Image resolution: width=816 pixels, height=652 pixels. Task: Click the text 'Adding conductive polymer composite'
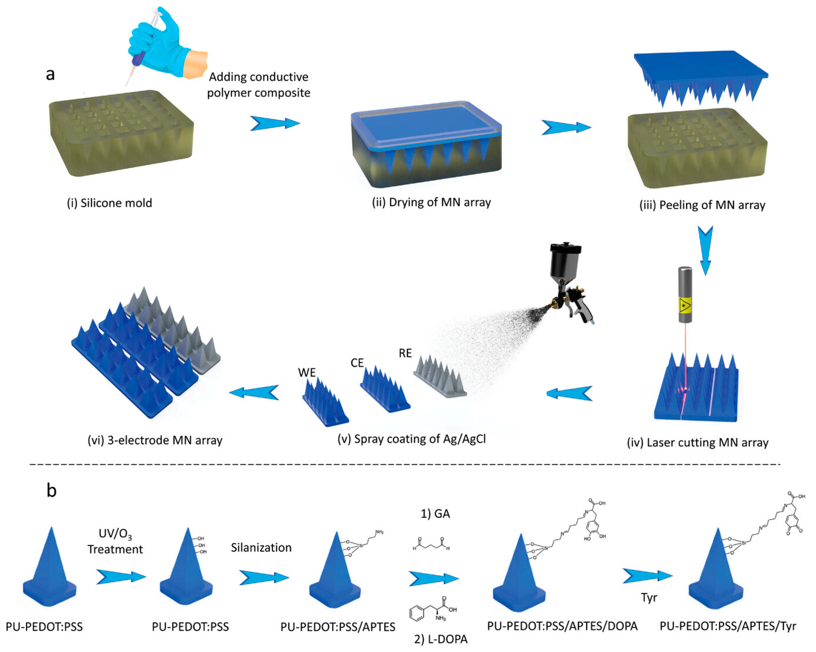coord(259,85)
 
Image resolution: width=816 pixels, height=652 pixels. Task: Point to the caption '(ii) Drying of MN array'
coord(431,202)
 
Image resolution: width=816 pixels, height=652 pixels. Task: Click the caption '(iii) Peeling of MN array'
coord(702,205)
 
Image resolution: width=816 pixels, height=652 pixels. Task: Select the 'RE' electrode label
coord(405,353)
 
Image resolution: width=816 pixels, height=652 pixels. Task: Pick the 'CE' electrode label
coord(357,363)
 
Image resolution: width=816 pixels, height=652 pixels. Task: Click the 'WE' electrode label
coord(307,373)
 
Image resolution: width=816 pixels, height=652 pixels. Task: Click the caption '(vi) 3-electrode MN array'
coord(155,440)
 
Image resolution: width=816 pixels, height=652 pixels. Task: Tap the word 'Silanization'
coord(261,547)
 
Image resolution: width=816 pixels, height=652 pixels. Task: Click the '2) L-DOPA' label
coord(441,639)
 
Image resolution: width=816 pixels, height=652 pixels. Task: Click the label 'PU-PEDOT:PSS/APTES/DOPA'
coord(562,626)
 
